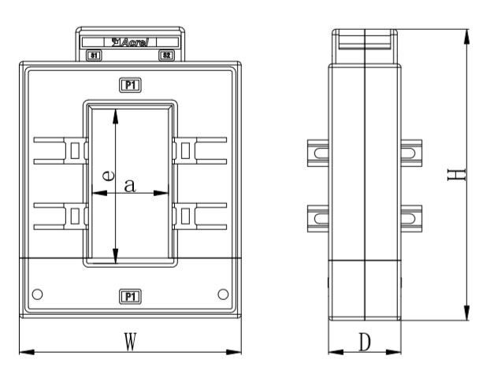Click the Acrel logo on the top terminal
[131, 42]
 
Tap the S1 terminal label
[93, 56]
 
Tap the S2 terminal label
[166, 56]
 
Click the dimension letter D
[364, 342]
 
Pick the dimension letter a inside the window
[130, 186]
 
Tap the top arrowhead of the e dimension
[116, 113]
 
